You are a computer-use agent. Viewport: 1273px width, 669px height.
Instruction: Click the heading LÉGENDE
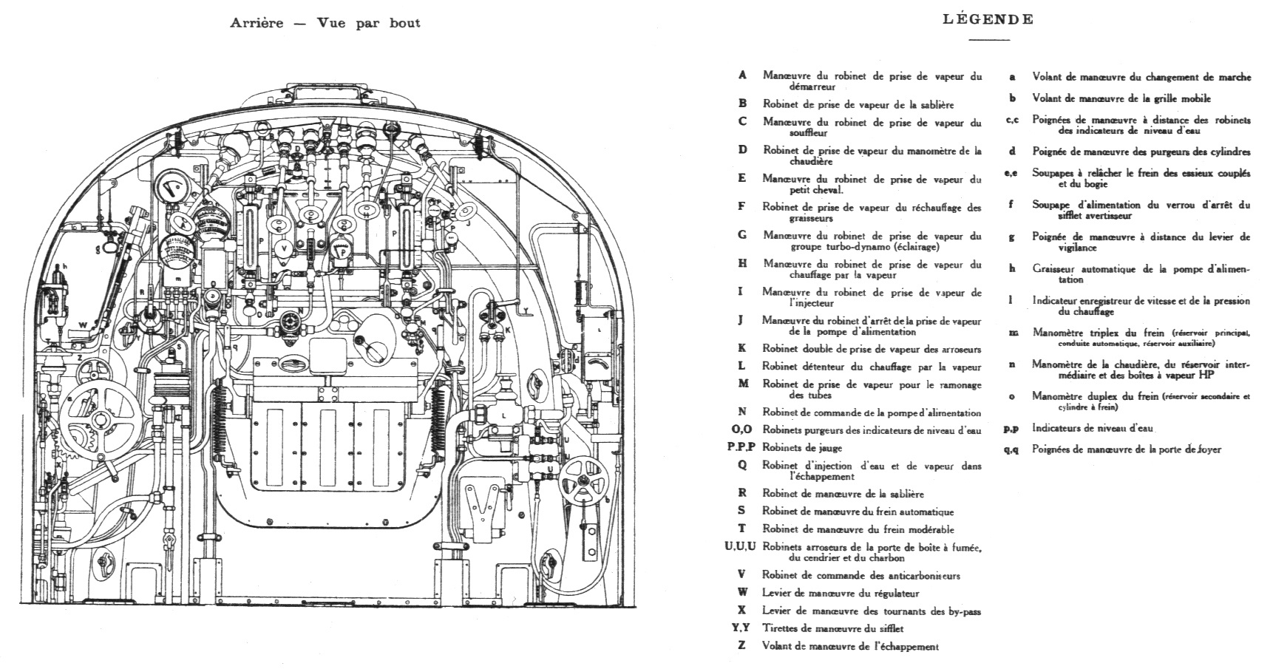[988, 20]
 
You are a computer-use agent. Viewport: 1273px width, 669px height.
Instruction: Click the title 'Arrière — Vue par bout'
[325, 23]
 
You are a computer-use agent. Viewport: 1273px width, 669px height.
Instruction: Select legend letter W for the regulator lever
[742, 593]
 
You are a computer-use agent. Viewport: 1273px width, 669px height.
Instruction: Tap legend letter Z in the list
[742, 646]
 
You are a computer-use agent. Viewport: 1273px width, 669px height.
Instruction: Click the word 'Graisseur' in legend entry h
[1053, 269]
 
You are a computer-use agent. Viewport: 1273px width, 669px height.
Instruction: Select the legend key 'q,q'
[1011, 449]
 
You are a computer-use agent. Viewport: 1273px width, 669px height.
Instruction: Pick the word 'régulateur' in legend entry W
[893, 594]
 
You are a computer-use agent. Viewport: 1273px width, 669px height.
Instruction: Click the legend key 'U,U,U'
[740, 547]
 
